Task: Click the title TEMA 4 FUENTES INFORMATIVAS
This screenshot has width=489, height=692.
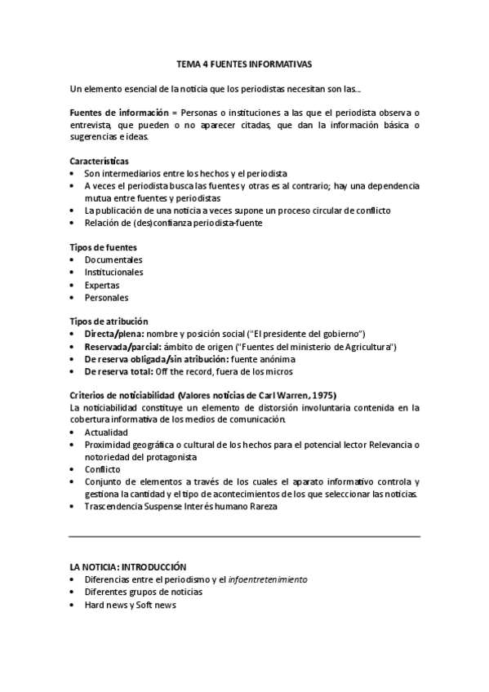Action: pos(244,62)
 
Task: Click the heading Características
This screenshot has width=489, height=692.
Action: pos(98,161)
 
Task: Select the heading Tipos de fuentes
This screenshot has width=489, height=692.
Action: pos(103,247)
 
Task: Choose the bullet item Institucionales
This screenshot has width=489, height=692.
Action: pos(113,273)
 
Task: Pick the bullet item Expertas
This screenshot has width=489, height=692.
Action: pos(101,285)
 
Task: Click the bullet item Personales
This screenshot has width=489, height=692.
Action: pos(106,298)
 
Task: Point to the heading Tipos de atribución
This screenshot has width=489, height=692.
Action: pos(109,322)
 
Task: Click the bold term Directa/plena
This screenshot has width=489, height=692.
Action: pos(114,335)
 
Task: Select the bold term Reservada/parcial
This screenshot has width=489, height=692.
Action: pos(121,347)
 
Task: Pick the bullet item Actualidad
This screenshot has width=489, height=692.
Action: pos(106,432)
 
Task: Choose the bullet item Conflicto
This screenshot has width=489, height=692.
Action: pos(102,469)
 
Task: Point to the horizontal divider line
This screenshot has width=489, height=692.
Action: pos(244,536)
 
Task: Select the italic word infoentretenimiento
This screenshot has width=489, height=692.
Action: pos(268,579)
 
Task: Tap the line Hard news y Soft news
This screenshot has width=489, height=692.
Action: pos(130,605)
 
